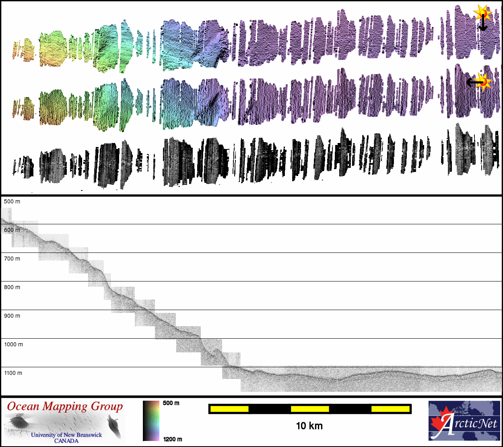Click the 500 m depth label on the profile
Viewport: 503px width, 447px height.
[12, 201]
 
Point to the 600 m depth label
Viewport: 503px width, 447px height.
[12, 230]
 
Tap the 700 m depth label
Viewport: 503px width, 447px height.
[12, 259]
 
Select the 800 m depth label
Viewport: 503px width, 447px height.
[12, 287]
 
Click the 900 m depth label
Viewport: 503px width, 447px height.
[12, 316]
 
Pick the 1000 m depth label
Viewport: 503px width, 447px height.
[14, 344]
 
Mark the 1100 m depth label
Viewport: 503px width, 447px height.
[13, 373]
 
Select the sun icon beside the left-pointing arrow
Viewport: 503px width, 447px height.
[484, 81]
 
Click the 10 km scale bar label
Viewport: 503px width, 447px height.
[309, 426]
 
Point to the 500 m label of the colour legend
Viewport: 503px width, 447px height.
[171, 403]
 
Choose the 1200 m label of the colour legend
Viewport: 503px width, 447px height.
[173, 439]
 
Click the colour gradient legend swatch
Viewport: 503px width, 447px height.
[151, 421]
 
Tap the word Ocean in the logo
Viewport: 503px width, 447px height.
[23, 406]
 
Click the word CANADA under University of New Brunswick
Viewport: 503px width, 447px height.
[66, 441]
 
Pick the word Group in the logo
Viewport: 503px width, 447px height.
[107, 407]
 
